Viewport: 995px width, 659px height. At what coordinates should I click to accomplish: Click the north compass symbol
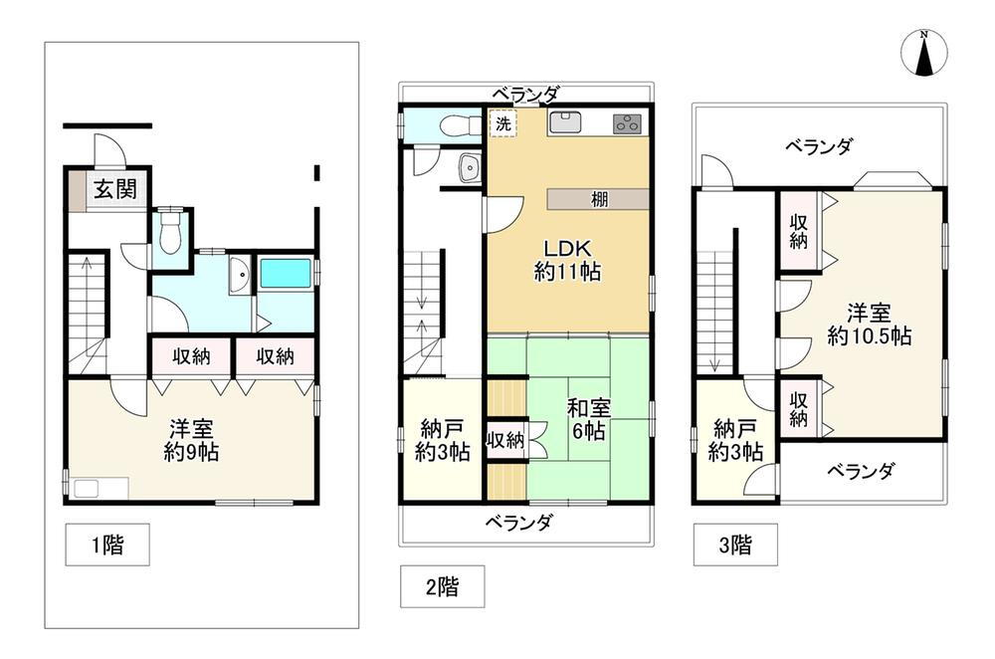coord(924,54)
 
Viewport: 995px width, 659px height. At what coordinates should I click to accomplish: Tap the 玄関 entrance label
coord(115,188)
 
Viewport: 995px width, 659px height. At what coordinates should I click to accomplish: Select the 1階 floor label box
coord(107,545)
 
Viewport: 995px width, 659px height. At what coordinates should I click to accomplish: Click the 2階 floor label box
coord(443,586)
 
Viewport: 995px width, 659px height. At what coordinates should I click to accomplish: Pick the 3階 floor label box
coord(735,545)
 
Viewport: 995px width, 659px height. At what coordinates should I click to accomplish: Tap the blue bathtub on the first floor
coord(286,273)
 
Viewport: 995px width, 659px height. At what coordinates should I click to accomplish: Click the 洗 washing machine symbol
coord(503,123)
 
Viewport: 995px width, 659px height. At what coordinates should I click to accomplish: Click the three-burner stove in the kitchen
coord(627,123)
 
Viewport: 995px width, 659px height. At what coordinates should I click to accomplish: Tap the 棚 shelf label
coord(600,199)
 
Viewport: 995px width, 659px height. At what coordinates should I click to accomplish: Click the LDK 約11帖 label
coord(567,260)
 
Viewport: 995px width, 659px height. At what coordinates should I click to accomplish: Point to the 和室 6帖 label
coord(589,419)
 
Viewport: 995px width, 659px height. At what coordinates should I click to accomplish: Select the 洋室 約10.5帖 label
coord(870,325)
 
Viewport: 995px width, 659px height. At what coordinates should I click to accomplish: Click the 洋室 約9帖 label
coord(191,441)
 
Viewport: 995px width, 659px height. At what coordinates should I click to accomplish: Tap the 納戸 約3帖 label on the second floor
coord(443,441)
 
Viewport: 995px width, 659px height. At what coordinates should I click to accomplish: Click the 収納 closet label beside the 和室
coord(505,439)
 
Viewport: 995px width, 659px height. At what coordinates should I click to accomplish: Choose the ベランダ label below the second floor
coord(519,522)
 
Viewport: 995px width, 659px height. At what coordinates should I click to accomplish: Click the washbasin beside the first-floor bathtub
coord(239,275)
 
